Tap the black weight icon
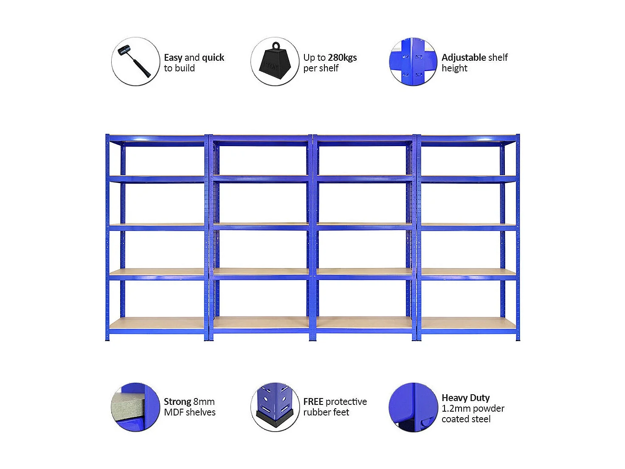coord(275,62)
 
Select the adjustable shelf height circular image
coord(413,62)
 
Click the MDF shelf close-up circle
coord(135,407)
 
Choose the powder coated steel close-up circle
coord(413,407)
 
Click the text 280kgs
coord(342,57)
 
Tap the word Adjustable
coord(463,57)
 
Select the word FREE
coord(313,401)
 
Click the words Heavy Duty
coord(465,398)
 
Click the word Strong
coord(177,401)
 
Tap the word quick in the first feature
coord(213,57)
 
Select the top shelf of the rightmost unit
coord(468,139)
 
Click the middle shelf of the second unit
coord(261,226)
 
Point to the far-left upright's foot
coord(107,338)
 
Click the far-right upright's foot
coord(518,338)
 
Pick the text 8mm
coord(204,401)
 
